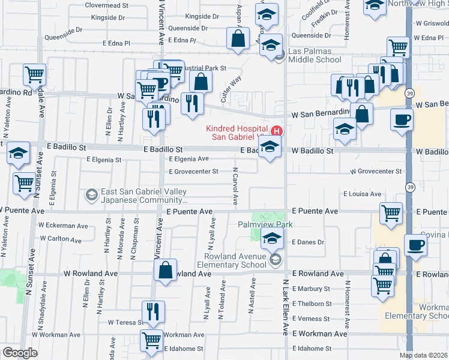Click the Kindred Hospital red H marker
(x=277, y=131)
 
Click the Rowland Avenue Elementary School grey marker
(x=276, y=259)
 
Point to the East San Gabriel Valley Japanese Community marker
(x=91, y=194)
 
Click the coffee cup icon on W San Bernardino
(x=402, y=118)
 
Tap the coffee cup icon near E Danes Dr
(x=415, y=244)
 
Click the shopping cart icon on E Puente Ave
(x=391, y=212)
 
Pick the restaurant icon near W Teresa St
(x=152, y=311)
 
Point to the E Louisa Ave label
(x=362, y=194)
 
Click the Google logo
(x=20, y=353)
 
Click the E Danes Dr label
(x=308, y=242)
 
